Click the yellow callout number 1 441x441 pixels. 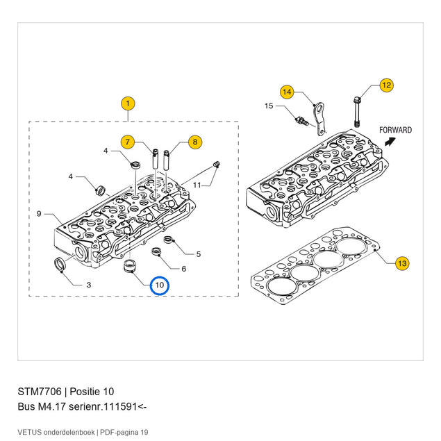tap(128, 103)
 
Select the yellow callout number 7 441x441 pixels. tap(128, 142)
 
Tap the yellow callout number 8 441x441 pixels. tap(195, 142)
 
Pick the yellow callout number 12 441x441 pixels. tap(386, 85)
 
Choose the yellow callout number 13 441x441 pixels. tap(402, 263)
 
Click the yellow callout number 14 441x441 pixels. tap(287, 92)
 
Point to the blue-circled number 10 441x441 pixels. tap(160, 285)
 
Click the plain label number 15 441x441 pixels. tap(269, 106)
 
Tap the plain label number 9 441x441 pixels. tap(39, 214)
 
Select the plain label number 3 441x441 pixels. tap(89, 285)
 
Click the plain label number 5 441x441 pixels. tap(199, 254)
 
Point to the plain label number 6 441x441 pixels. tap(183, 269)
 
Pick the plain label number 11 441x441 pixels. tap(197, 185)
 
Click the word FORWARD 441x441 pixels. tap(395, 130)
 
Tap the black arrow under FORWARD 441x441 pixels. tap(390, 141)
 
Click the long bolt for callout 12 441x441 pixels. tap(357, 112)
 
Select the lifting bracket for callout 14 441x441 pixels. tap(319, 118)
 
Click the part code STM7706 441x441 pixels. tap(40, 392)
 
